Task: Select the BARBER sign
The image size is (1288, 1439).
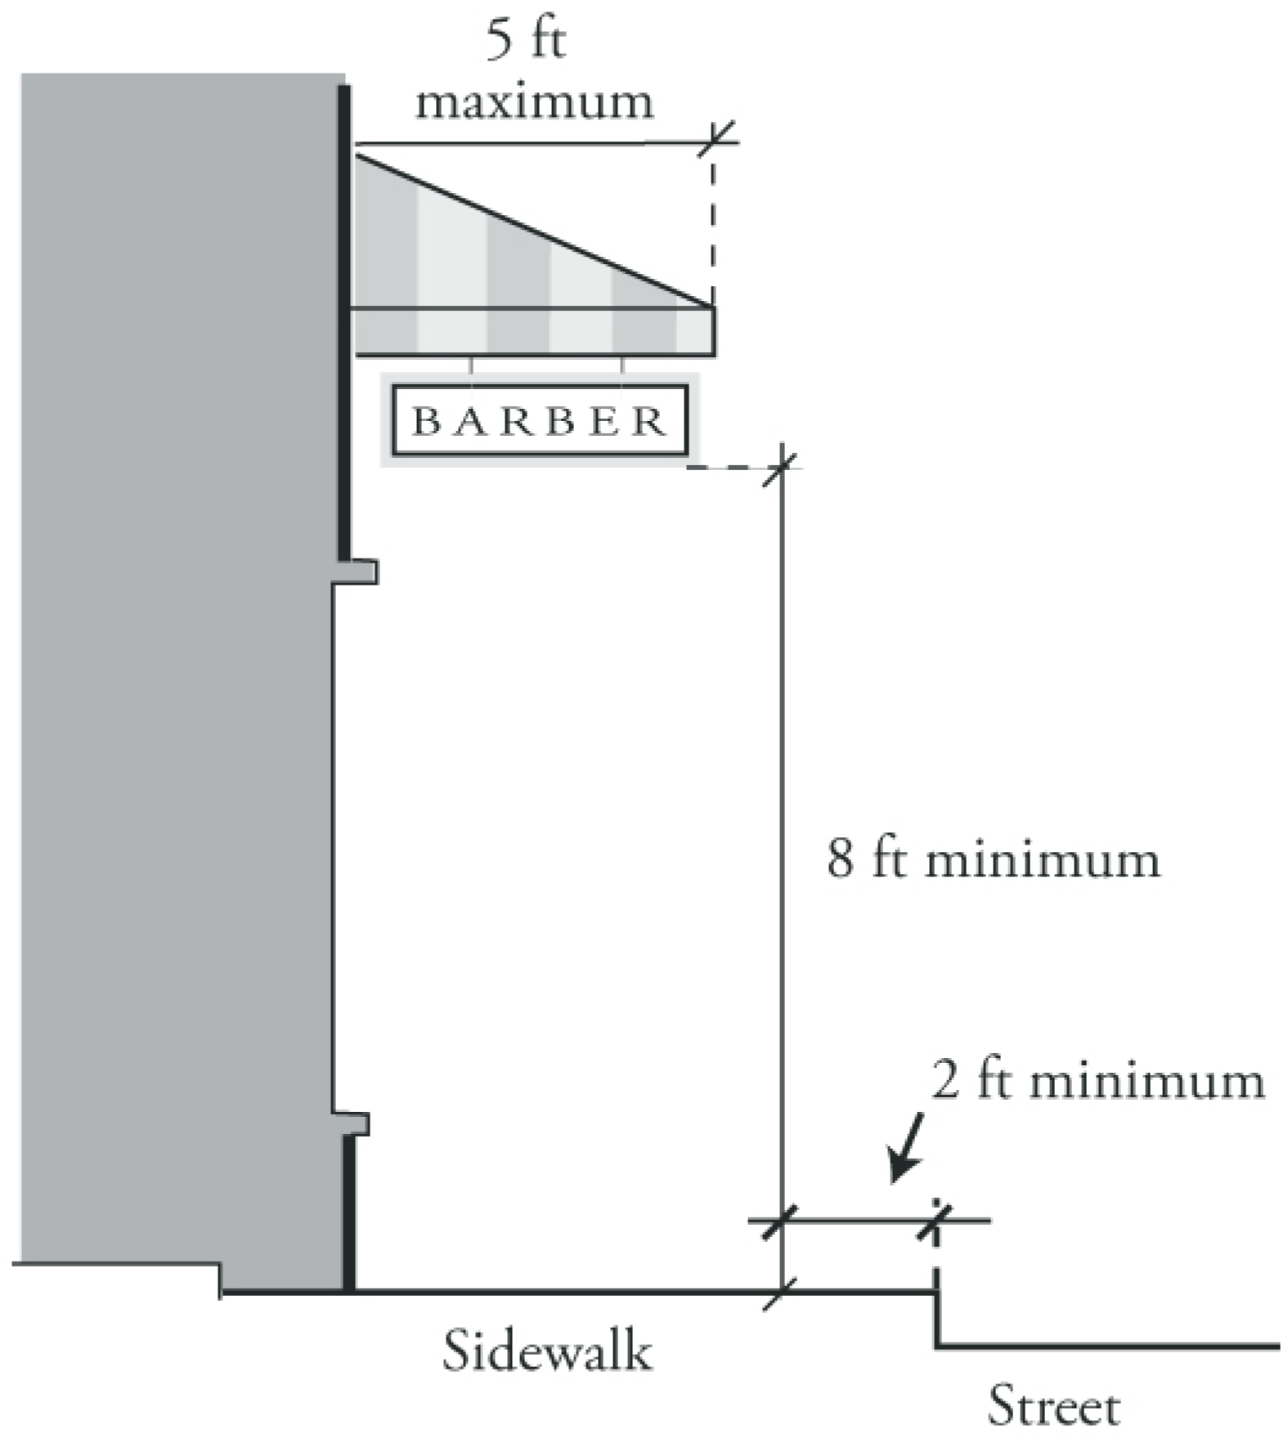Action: (x=540, y=420)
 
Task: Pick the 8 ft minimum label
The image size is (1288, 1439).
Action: (x=993, y=860)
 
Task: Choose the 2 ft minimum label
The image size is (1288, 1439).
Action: (x=1097, y=1081)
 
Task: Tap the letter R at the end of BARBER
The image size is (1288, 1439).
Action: (x=651, y=421)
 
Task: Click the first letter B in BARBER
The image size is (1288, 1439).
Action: (x=427, y=421)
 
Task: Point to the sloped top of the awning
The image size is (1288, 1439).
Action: (x=532, y=230)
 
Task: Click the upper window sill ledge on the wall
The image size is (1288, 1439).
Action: (x=360, y=572)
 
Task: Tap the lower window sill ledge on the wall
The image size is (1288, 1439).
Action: (x=353, y=1123)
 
